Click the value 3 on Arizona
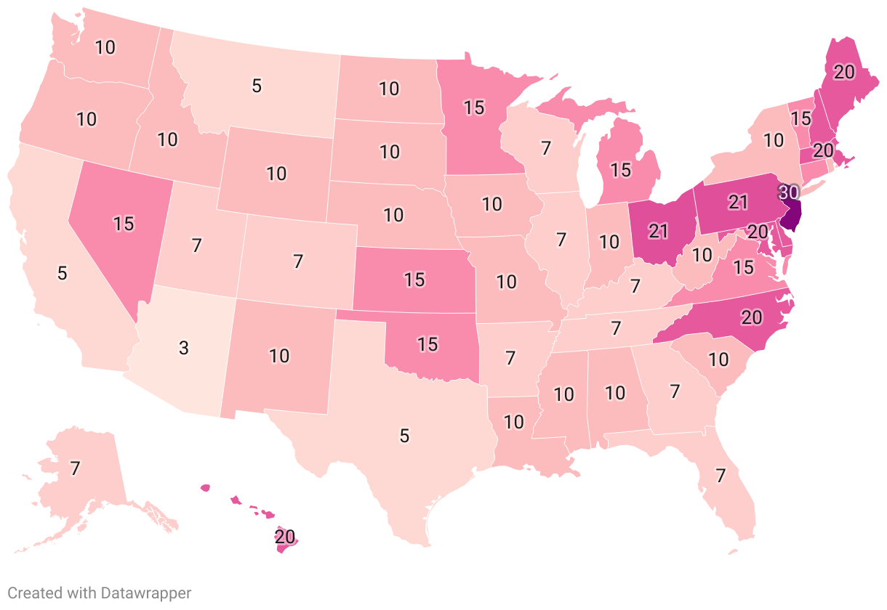coord(184,348)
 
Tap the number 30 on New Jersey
coord(789,193)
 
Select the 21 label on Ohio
coord(659,232)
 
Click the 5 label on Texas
coord(404,436)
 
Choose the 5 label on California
coord(63,274)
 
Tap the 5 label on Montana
coord(256,86)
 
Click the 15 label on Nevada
coord(124,224)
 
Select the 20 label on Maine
coord(844,71)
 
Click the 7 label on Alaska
coord(74,468)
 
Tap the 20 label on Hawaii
coord(285,537)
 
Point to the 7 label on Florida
coord(721,476)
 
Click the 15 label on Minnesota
coord(474,107)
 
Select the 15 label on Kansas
coord(414,280)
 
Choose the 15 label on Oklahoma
coord(428,343)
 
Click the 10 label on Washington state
coord(105,48)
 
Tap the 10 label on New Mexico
coord(279,356)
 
